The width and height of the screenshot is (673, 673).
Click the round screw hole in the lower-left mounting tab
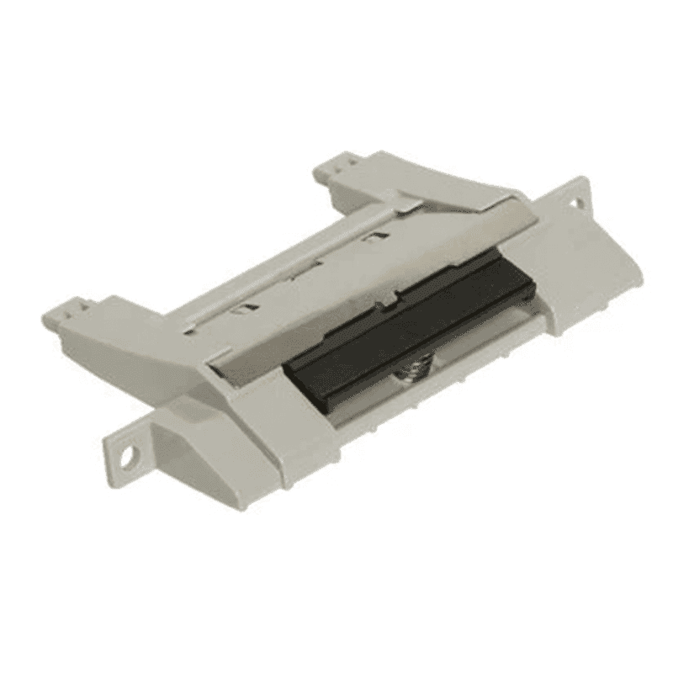pyautogui.click(x=126, y=460)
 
